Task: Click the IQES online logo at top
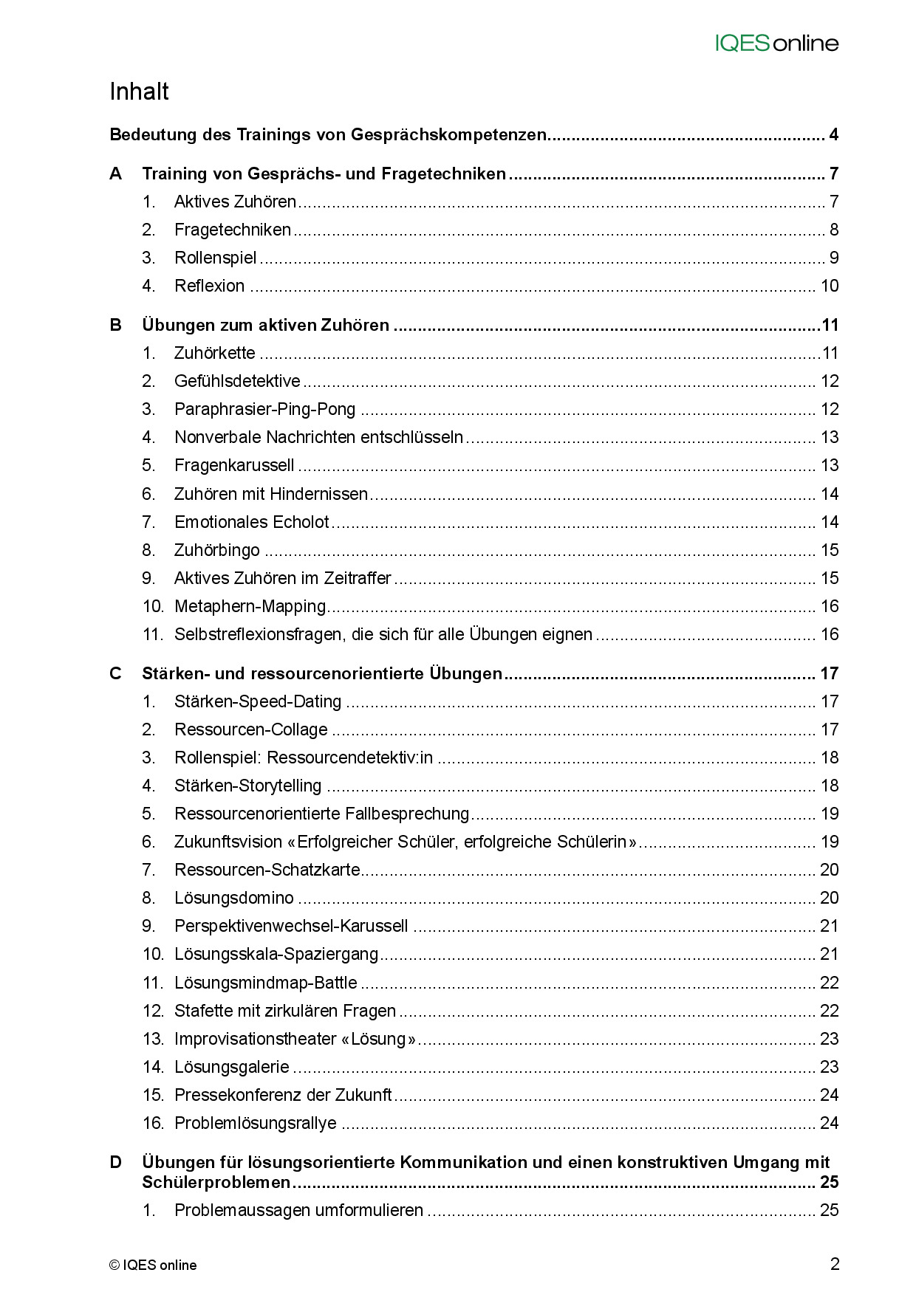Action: click(776, 44)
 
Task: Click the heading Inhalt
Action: click(140, 92)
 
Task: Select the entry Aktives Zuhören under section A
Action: click(235, 202)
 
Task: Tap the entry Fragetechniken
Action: click(233, 230)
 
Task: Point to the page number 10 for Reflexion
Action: click(830, 286)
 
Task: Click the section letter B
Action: click(116, 325)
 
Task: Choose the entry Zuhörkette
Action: click(214, 353)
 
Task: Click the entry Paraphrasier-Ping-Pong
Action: click(264, 409)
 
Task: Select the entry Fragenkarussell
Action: click(234, 465)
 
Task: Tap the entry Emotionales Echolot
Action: click(251, 522)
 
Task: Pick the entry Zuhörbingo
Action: click(217, 550)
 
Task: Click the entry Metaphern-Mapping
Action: click(250, 606)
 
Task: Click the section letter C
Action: click(116, 673)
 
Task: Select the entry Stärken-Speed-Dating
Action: click(258, 701)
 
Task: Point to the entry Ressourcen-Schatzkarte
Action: click(267, 870)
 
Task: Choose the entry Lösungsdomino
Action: click(233, 898)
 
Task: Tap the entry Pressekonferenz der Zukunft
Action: click(283, 1095)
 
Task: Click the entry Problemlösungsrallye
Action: click(255, 1123)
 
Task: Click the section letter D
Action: click(116, 1162)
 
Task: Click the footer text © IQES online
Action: click(153, 1265)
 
